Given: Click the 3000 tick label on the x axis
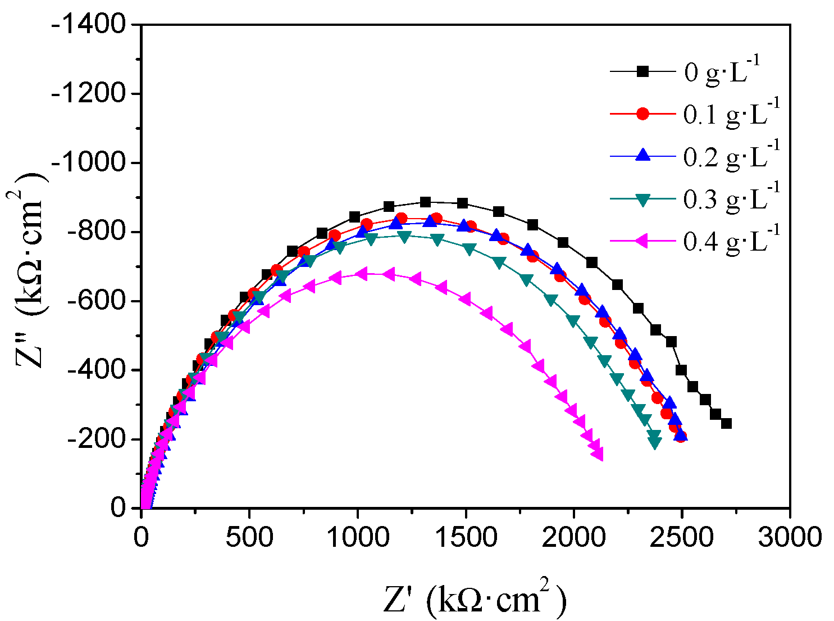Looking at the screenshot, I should (x=790, y=537).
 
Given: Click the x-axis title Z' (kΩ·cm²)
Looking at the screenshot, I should (x=475, y=599).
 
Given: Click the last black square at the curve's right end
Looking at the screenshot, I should (x=726, y=424).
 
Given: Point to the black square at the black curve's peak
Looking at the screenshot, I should (x=425, y=202).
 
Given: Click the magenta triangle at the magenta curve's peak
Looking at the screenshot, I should (x=362, y=274).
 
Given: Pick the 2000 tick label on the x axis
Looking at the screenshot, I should (x=573, y=537).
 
